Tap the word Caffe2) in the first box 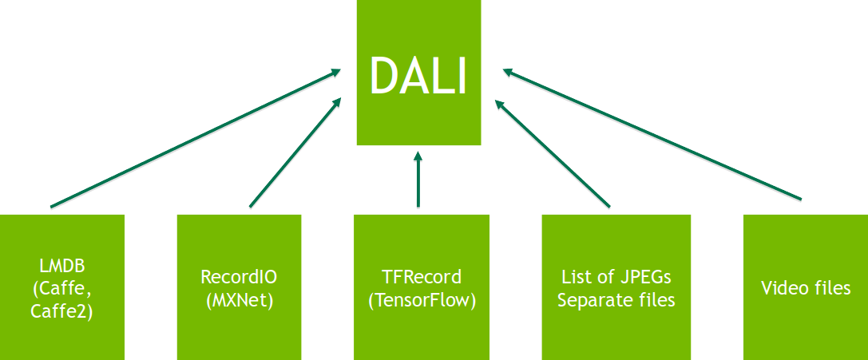[61, 311]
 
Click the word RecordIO [239, 278]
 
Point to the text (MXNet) [239, 300]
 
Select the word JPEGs [642, 278]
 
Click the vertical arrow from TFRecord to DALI [417, 180]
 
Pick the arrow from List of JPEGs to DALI [553, 152]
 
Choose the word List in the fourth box [577, 278]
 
